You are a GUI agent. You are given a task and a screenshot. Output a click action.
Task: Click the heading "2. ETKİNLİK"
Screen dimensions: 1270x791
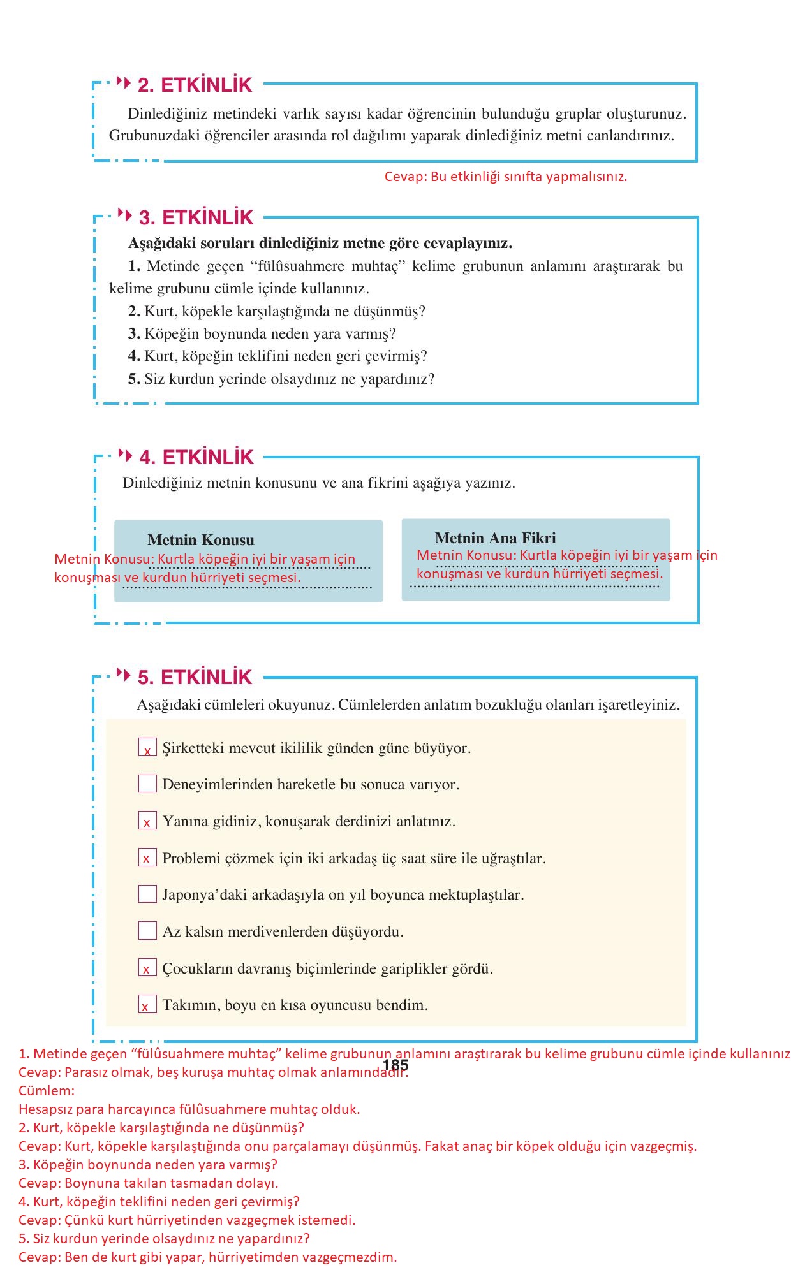pyautogui.click(x=195, y=85)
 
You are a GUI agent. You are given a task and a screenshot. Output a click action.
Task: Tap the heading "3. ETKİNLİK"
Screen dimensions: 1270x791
pyautogui.click(x=196, y=217)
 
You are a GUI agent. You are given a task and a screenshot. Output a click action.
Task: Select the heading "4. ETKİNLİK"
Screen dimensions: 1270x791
pyautogui.click(x=196, y=457)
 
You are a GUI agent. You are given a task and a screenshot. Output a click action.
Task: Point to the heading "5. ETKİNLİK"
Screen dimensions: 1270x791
pyautogui.click(x=195, y=677)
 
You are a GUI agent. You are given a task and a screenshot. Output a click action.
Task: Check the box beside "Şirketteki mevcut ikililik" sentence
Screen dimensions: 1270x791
pyautogui.click(x=147, y=747)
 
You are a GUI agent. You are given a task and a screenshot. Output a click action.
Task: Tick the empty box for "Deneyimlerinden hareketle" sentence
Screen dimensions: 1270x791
pyautogui.click(x=147, y=784)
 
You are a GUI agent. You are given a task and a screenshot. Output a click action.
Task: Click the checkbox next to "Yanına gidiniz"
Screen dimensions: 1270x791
pyautogui.click(x=147, y=821)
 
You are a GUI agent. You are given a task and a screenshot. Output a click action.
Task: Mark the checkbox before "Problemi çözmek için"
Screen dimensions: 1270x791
pyautogui.click(x=147, y=858)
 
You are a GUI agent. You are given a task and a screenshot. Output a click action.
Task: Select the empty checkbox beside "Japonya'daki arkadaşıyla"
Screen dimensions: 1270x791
pyautogui.click(x=147, y=894)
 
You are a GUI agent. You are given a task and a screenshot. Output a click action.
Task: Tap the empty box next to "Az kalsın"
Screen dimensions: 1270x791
pyautogui.click(x=147, y=931)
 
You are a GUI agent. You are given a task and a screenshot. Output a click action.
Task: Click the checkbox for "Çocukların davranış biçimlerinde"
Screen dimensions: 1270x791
pyautogui.click(x=147, y=968)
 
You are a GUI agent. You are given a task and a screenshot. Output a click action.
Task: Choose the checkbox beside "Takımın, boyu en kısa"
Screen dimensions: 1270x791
pyautogui.click(x=147, y=1005)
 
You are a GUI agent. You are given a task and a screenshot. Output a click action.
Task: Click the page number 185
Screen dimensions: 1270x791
pyautogui.click(x=395, y=1065)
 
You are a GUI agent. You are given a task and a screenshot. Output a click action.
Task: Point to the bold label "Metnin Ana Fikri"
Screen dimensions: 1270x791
pyautogui.click(x=495, y=538)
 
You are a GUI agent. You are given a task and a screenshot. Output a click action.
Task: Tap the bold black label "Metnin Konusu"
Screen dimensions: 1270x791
pyautogui.click(x=200, y=540)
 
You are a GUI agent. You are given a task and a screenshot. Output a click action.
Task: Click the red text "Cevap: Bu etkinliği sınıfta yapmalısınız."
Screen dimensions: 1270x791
pyautogui.click(x=505, y=177)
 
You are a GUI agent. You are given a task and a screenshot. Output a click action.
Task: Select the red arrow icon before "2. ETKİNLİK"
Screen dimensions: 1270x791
pyautogui.click(x=124, y=83)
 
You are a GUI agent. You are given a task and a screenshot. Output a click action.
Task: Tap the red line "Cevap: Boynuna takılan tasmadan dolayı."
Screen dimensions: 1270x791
pyautogui.click(x=148, y=1183)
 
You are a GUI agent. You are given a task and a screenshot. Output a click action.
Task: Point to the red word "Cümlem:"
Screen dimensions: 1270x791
pyautogui.click(x=47, y=1090)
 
